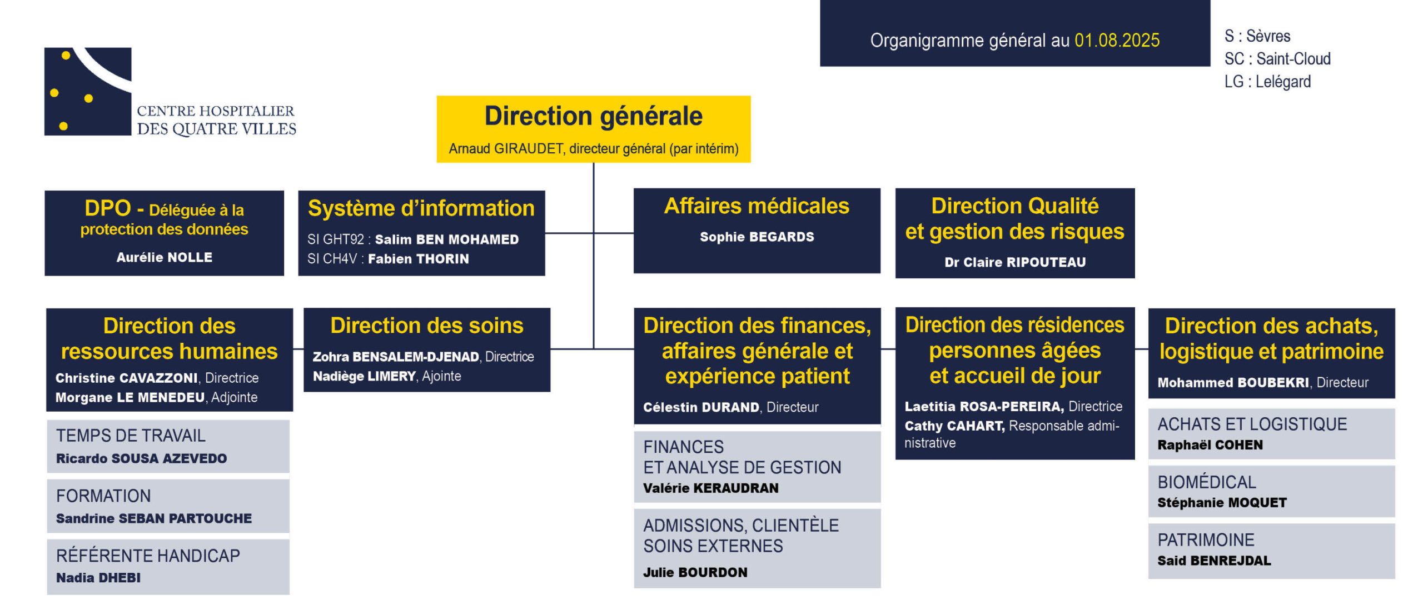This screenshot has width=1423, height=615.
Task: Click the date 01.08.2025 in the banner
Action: click(1117, 40)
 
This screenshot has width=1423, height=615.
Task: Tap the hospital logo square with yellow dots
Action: click(88, 92)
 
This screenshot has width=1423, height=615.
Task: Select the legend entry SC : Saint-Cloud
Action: click(1277, 58)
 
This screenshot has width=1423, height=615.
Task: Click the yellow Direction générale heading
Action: click(594, 116)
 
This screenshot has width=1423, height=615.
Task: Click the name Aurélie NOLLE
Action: click(165, 257)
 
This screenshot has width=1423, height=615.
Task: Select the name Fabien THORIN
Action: click(419, 259)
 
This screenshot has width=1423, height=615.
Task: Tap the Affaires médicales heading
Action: click(757, 206)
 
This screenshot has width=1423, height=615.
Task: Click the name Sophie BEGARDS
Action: click(757, 237)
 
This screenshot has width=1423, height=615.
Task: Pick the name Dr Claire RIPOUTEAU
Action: click(1015, 262)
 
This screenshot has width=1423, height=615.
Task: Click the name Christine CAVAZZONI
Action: click(127, 378)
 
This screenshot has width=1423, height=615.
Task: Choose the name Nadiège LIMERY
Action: click(364, 376)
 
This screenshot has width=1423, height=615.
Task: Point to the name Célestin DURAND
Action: click(701, 407)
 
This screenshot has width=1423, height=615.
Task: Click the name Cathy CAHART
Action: click(954, 426)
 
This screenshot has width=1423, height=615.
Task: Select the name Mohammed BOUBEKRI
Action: click(1233, 382)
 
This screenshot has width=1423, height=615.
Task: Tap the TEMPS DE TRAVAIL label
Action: click(131, 436)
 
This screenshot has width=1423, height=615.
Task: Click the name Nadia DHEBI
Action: click(98, 578)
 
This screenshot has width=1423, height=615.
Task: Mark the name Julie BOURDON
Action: click(695, 572)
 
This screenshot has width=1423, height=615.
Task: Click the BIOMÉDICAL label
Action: click(1207, 482)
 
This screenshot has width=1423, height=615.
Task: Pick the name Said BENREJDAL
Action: click(1215, 561)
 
